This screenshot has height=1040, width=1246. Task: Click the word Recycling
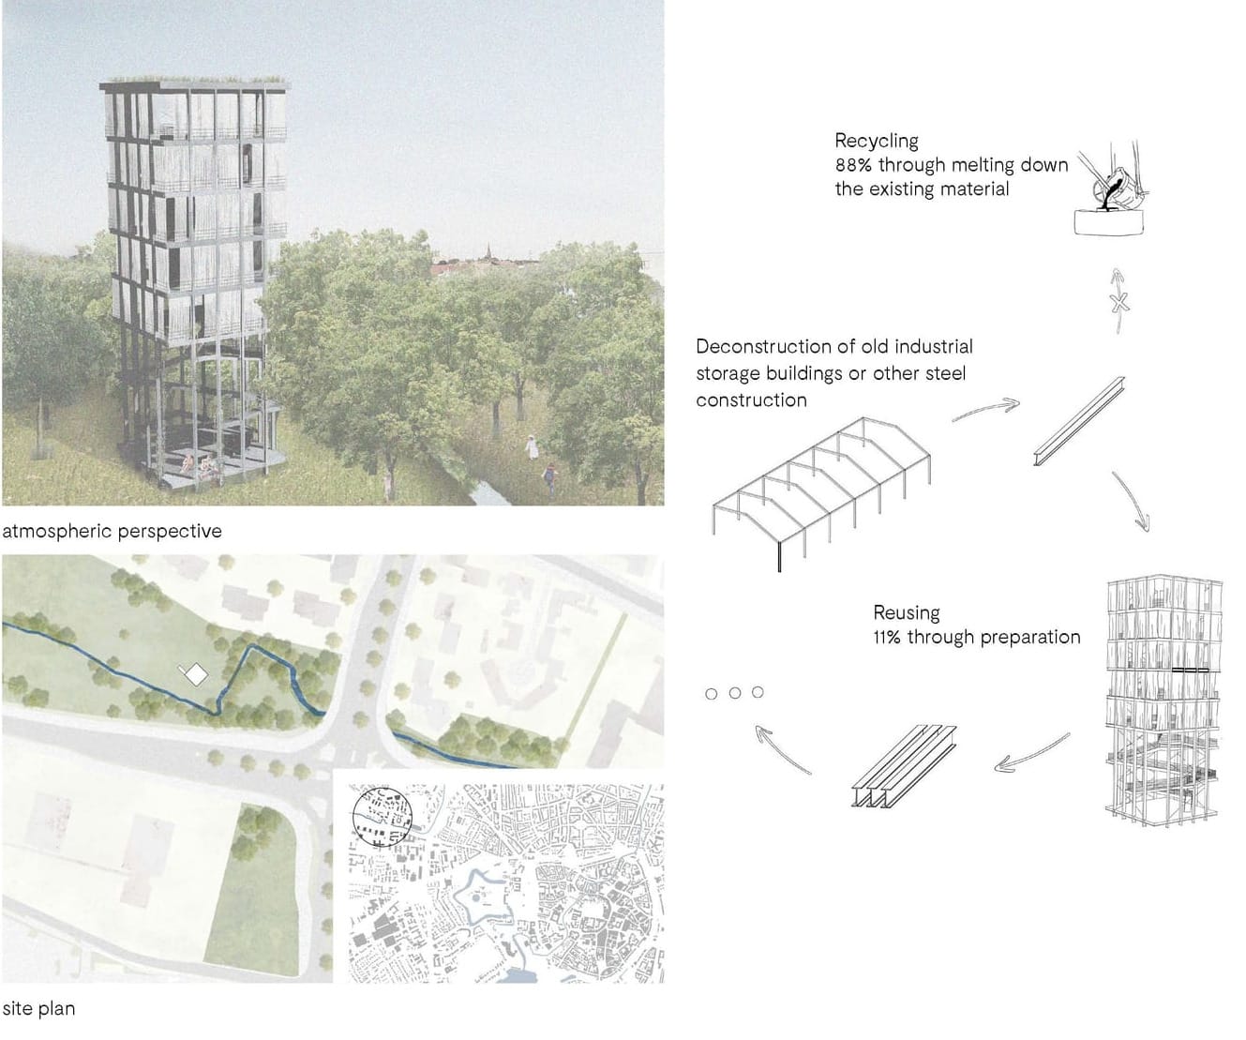click(x=877, y=141)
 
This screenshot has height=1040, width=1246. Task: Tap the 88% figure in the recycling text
click(x=852, y=165)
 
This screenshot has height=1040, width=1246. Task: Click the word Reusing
click(x=906, y=612)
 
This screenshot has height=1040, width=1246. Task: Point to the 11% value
click(x=886, y=637)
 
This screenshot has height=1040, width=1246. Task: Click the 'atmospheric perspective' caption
click(x=113, y=531)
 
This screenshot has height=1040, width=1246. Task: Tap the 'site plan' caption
click(x=38, y=1009)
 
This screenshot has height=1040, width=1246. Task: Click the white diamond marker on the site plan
click(x=195, y=674)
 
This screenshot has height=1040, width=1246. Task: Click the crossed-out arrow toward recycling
click(x=1118, y=301)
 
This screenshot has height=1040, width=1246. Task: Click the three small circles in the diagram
click(x=734, y=693)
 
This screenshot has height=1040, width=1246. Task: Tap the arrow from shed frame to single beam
click(x=984, y=411)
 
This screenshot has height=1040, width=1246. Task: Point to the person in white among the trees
click(x=533, y=446)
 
